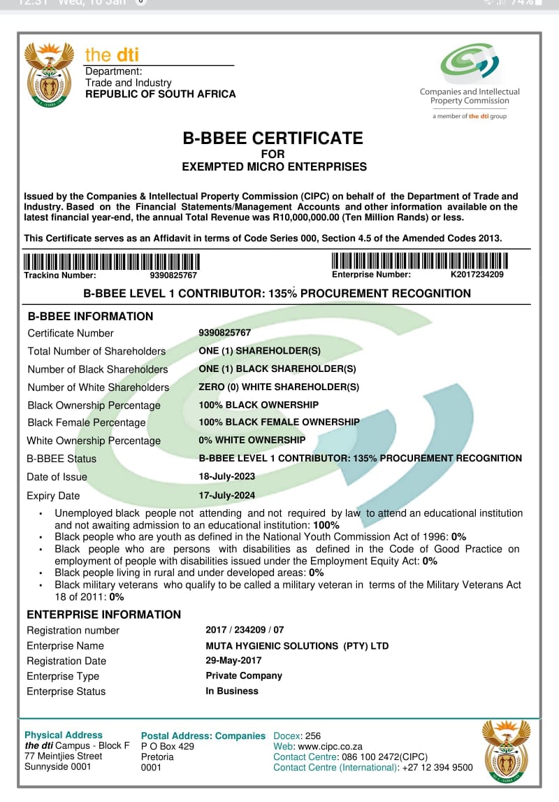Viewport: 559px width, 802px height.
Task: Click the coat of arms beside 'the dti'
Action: (49, 73)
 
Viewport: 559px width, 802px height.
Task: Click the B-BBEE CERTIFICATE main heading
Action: (273, 138)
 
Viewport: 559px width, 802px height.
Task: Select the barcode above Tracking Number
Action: (112, 262)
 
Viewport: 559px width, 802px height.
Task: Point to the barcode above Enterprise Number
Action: (419, 261)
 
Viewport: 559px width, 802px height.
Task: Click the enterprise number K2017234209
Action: (477, 274)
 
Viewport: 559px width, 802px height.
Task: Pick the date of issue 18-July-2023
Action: (227, 476)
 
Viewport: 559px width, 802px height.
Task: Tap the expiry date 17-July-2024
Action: (227, 495)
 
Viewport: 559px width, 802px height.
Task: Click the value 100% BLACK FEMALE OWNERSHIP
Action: (279, 422)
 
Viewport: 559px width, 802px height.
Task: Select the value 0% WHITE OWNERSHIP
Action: (252, 440)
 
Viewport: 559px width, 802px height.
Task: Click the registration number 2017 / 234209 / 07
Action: (245, 630)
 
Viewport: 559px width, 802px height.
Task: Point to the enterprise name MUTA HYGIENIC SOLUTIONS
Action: (297, 646)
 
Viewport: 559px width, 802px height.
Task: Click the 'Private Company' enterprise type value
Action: (244, 675)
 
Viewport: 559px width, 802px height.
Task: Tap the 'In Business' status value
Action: (232, 691)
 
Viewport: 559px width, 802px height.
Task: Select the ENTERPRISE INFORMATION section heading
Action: (104, 615)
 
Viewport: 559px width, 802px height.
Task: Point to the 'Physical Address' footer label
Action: (64, 735)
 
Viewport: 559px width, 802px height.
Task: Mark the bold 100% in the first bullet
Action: (326, 524)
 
